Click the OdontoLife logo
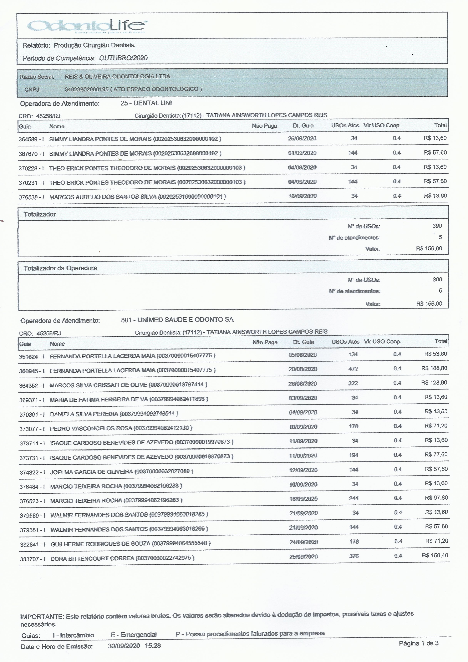(x=87, y=26)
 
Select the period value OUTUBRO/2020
(x=123, y=58)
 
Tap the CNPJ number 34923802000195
(x=86, y=89)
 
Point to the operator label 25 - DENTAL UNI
(x=146, y=103)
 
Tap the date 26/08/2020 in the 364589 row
(x=302, y=138)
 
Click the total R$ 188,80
(x=434, y=368)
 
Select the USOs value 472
(x=353, y=369)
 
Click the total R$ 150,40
(x=435, y=556)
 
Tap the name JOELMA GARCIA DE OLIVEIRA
(x=91, y=472)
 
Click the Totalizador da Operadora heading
(x=60, y=268)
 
